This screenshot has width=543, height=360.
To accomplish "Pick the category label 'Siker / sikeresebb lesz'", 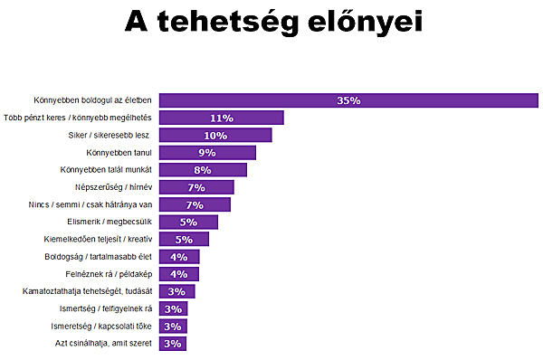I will coord(110,135).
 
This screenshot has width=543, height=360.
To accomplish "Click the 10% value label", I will coord(215,136).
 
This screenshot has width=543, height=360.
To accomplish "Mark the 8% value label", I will coord(203,170).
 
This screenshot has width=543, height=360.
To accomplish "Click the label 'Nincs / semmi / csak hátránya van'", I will coord(91,204).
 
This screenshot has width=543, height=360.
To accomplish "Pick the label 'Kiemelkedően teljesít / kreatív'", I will coord(98,239).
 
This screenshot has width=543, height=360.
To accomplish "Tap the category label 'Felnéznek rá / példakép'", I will coord(106,274).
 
